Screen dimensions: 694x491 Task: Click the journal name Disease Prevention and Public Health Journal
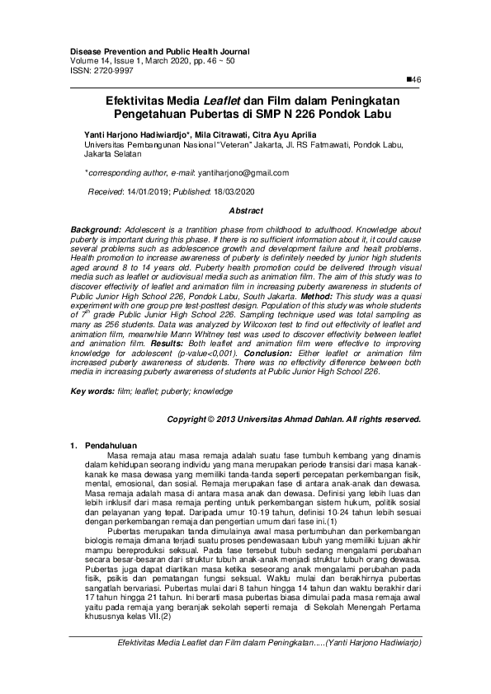[159, 51]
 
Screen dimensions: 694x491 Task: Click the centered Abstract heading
[245, 211]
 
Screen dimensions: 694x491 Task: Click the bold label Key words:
[92, 391]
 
